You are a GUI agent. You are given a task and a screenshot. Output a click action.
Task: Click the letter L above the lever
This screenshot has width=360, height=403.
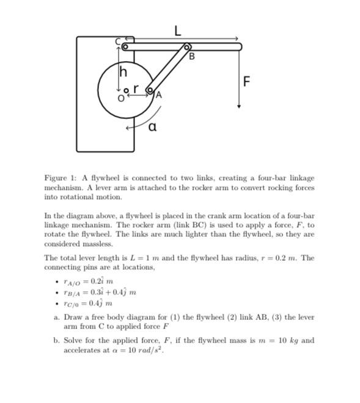tap(178, 31)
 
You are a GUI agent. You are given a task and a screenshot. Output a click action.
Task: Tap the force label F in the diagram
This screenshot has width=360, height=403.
tap(246, 81)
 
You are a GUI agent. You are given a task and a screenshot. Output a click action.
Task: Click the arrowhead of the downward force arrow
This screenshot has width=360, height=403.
tap(239, 106)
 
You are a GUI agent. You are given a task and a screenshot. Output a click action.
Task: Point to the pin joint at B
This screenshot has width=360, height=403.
tap(187, 47)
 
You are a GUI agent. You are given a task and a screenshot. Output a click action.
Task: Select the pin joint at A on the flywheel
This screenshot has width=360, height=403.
tap(149, 90)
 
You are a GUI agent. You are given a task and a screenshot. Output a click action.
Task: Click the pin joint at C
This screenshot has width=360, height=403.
tap(125, 46)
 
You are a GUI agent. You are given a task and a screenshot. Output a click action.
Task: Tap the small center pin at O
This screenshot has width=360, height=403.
tap(127, 91)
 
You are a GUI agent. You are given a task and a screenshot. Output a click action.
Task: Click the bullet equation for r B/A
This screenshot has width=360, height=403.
tap(99, 292)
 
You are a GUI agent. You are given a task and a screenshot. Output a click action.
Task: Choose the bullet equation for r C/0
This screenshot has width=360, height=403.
tap(87, 303)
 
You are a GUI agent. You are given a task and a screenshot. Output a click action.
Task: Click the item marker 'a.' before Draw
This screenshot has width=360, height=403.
tap(57, 318)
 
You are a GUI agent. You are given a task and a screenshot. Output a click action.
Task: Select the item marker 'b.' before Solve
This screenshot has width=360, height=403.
tap(57, 340)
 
